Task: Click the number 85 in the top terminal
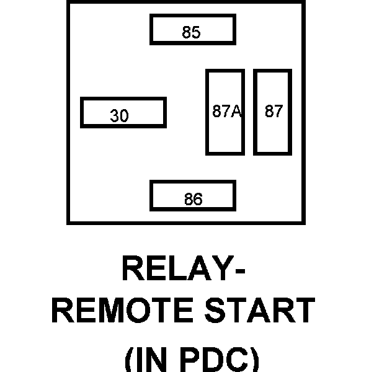[x=192, y=32]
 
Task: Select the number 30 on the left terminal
[x=120, y=116]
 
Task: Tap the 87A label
[x=226, y=112]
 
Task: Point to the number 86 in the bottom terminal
[x=193, y=200]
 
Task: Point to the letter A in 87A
[x=236, y=112]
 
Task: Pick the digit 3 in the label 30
[x=115, y=116]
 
